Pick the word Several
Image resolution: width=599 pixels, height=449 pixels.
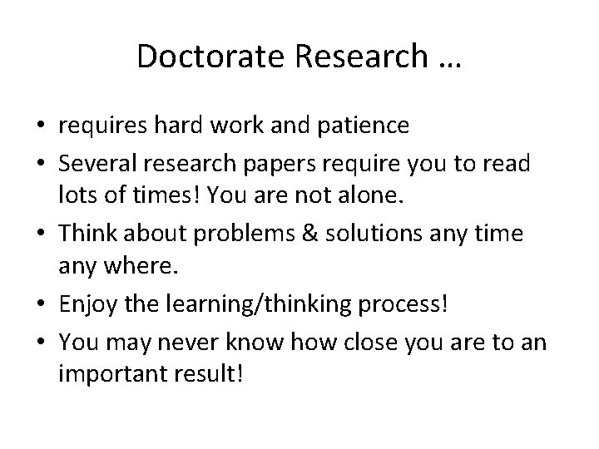[94, 164]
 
